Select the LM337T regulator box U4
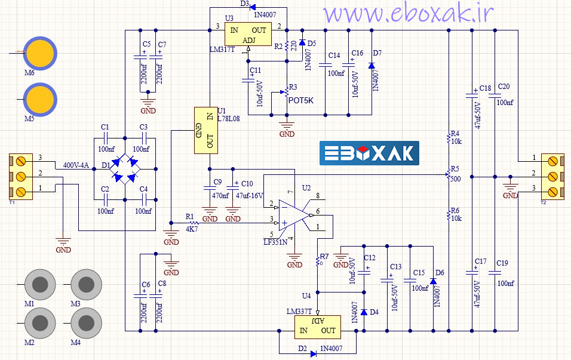point(317,326)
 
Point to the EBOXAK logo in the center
point(369,153)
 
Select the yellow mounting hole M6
point(39,53)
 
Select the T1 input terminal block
point(20,176)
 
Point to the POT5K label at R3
point(300,100)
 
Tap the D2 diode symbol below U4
point(313,353)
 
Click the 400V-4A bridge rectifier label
point(75,165)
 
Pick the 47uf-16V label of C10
point(250,195)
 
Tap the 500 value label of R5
point(455,180)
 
